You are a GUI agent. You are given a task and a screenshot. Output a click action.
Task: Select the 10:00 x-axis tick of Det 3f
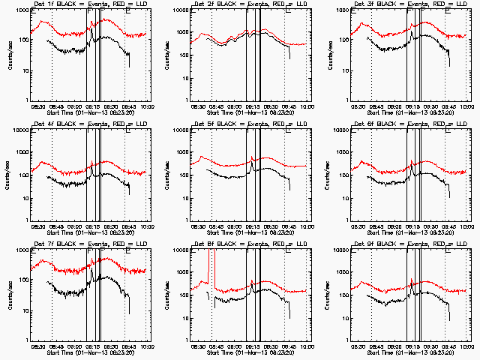(466, 106)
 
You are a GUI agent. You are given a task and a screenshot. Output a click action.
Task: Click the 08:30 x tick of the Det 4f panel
(37, 226)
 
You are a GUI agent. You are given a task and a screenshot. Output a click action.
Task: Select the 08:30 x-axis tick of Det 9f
(357, 346)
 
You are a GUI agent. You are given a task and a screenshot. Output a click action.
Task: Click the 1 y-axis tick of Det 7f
(25, 340)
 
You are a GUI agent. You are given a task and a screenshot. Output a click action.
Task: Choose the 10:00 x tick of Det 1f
(146, 106)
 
